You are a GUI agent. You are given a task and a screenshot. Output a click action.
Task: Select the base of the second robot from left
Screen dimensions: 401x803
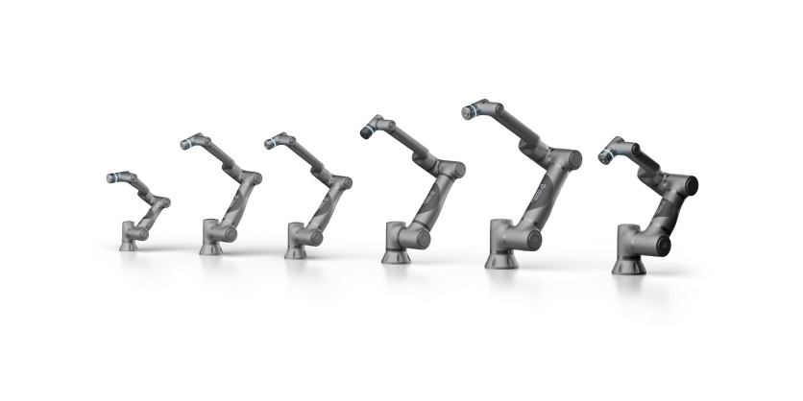pyautogui.click(x=211, y=247)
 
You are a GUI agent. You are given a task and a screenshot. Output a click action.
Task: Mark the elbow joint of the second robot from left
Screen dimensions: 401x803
pyautogui.click(x=252, y=177)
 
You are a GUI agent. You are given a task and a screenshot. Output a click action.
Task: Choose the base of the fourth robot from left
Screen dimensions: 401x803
pyautogui.click(x=396, y=254)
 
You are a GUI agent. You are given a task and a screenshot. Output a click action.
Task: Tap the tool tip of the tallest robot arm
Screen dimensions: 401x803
pyautogui.click(x=468, y=109)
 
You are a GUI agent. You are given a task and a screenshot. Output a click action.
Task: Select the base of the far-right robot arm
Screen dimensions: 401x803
pyautogui.click(x=628, y=264)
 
